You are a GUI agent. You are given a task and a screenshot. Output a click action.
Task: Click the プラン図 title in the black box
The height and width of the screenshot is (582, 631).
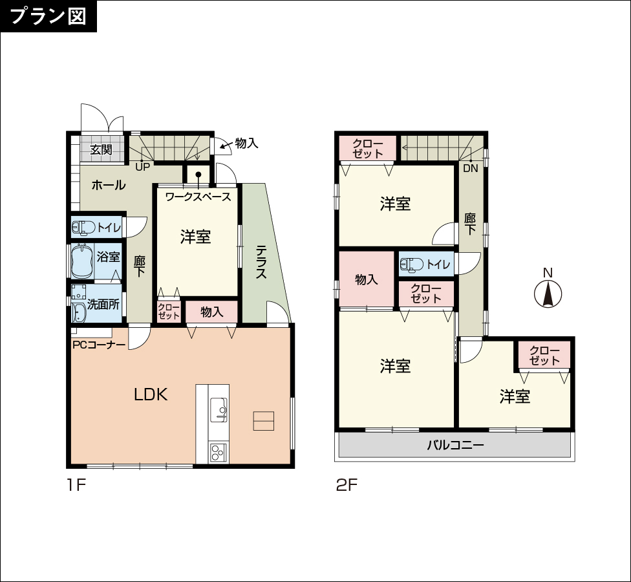tap(48, 16)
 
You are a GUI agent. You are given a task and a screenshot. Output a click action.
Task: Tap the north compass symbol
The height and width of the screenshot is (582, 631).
tap(548, 294)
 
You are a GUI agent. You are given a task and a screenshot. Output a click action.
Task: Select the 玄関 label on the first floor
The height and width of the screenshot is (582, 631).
tap(101, 150)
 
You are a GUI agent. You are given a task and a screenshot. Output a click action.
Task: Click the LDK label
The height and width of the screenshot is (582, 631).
tap(151, 395)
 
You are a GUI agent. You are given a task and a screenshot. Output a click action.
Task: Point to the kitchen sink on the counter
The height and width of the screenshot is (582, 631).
tap(219, 410)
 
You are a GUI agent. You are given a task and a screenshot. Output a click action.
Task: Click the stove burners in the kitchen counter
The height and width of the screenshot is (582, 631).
tap(218, 453)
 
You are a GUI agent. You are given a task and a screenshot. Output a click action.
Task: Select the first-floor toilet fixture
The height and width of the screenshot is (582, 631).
tap(83, 228)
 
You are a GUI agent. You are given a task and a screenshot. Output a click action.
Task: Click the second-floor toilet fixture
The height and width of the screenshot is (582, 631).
tap(412, 264)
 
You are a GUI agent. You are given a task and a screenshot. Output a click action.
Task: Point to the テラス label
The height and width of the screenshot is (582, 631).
tap(261, 263)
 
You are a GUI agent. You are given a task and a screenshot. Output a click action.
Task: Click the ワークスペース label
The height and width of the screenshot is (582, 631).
tap(198, 197)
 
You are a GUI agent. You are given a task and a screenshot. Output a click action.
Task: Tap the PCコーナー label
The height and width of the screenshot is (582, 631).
tap(99, 345)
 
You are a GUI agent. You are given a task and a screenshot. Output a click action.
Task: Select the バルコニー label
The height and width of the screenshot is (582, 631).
tap(455, 445)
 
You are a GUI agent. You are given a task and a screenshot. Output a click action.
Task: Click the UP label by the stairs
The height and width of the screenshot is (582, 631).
tap(142, 167)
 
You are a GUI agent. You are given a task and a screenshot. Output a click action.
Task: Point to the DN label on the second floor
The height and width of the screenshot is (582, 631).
tap(470, 168)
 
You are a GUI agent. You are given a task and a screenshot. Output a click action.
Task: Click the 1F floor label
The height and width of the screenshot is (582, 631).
tap(76, 485)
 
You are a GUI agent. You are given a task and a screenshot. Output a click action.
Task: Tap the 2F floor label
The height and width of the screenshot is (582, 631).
tap(347, 485)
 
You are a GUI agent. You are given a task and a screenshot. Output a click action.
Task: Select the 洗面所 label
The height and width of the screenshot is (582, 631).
tap(103, 305)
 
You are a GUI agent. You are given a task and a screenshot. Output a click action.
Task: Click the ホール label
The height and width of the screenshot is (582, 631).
tap(109, 185)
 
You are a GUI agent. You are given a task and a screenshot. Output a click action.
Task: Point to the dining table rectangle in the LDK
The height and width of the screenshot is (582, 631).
tap(264, 421)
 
